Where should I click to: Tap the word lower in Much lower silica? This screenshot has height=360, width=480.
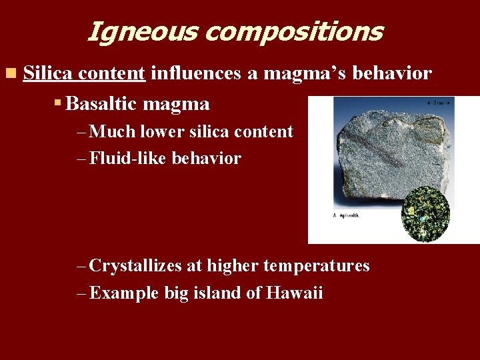(x=160, y=131)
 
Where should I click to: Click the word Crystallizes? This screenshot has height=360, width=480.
(x=136, y=266)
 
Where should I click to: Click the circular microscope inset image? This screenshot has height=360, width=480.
(x=426, y=213)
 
